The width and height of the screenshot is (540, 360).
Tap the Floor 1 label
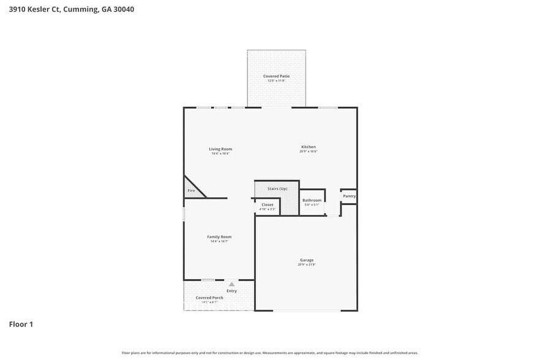point(21,324)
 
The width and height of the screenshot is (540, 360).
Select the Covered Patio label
point(276,76)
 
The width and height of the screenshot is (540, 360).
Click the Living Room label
point(220,149)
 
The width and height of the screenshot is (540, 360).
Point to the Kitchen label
point(308,147)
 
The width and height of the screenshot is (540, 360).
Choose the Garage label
point(307,260)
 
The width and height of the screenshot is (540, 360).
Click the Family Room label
point(219,236)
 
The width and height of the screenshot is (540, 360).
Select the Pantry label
point(349,196)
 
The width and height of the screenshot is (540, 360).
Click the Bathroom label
point(312,200)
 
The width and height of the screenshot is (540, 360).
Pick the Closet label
point(267,204)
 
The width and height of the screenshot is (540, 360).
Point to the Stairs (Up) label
point(277,189)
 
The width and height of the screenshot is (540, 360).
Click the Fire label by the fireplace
point(191,191)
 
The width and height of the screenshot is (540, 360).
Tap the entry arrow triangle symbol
point(231,284)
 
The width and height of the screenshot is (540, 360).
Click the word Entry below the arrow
point(231,291)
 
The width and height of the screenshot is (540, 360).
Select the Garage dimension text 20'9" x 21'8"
point(307,265)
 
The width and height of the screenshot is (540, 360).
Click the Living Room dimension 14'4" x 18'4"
point(220,153)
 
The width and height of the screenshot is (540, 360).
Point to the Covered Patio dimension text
point(276,80)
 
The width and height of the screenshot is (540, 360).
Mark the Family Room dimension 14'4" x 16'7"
point(219,241)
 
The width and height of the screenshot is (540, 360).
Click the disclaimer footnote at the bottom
point(269,353)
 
